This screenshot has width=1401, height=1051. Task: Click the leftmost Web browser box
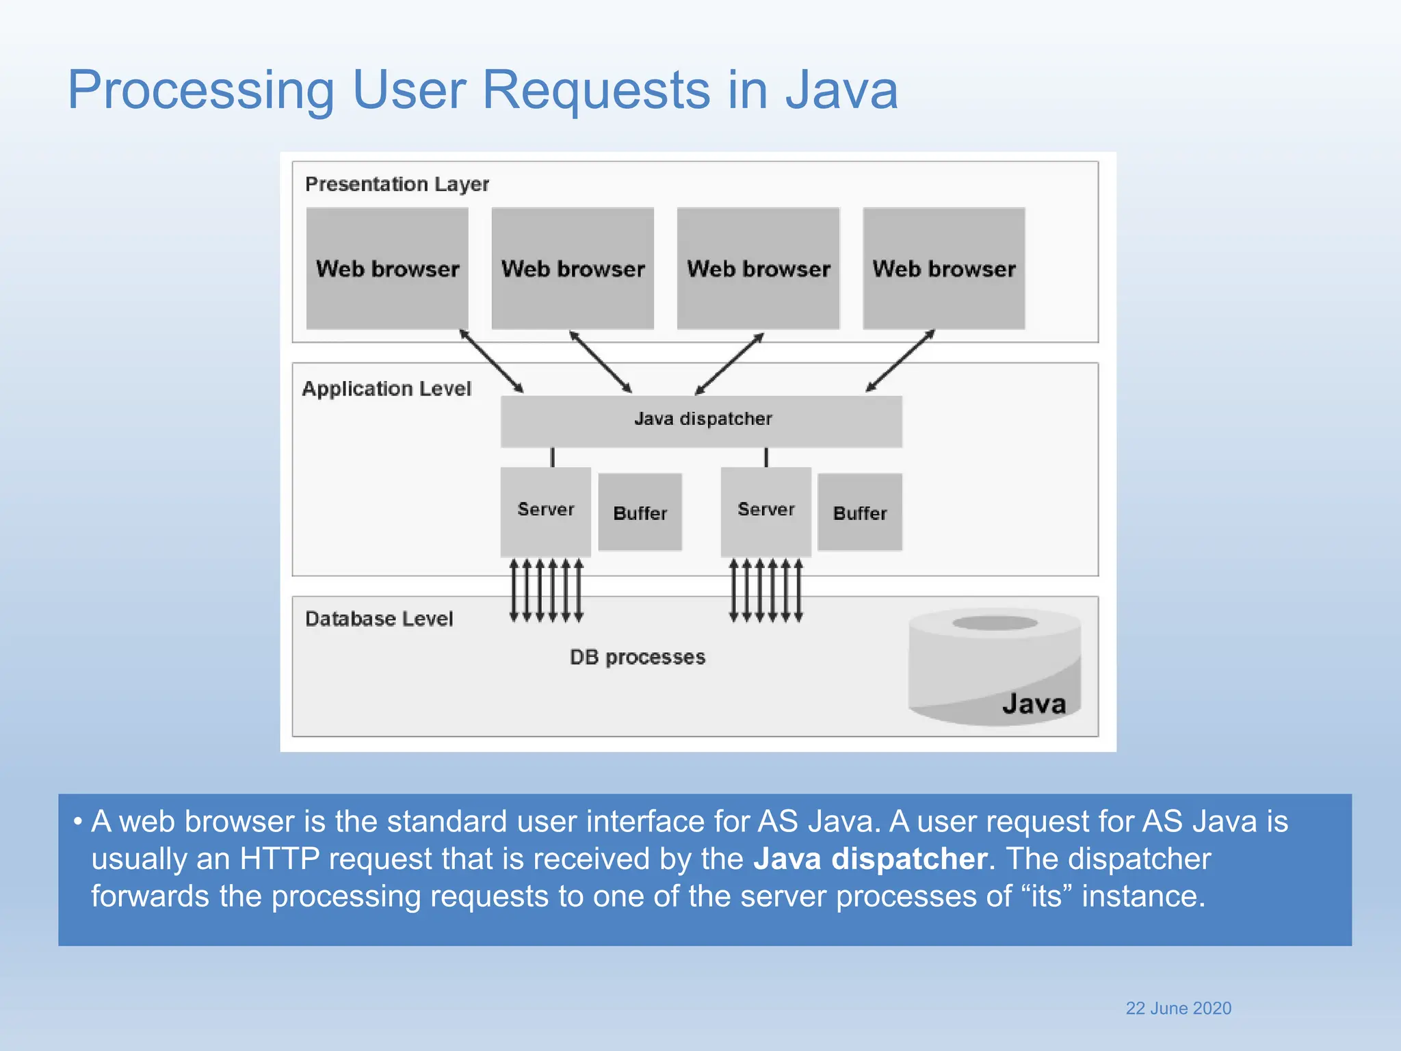pos(387,268)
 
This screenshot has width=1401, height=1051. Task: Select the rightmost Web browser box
pos(943,268)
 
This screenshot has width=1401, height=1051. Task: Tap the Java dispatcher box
pos(701,421)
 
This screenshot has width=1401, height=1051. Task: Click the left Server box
pos(545,511)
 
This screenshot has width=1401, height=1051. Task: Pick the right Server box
pos(765,511)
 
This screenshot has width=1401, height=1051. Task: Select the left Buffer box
pos(640,512)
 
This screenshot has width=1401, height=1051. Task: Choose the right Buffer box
pos(859,512)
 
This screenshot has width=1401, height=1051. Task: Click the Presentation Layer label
pos(397,184)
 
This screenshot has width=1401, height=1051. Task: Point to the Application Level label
pos(387,389)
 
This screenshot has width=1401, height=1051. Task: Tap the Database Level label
pos(379,619)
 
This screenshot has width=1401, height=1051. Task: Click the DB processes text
pos(637,657)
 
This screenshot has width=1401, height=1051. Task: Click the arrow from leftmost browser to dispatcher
pos(491,361)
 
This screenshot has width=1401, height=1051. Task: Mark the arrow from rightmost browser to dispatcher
pos(900,361)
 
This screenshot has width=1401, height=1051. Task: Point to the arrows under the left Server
pos(546,590)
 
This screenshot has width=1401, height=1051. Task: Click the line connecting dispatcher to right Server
pos(766,457)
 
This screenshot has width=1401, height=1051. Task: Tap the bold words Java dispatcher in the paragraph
pos(870,859)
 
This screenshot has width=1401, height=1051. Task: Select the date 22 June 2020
pos(1178,1008)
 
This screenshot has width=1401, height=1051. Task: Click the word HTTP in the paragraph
pos(279,859)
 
